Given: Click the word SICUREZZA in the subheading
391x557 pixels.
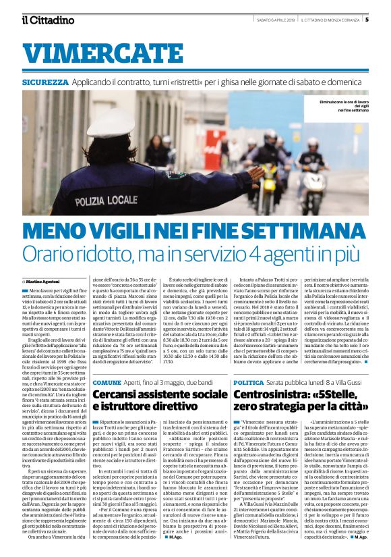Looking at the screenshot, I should point(45,82).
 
